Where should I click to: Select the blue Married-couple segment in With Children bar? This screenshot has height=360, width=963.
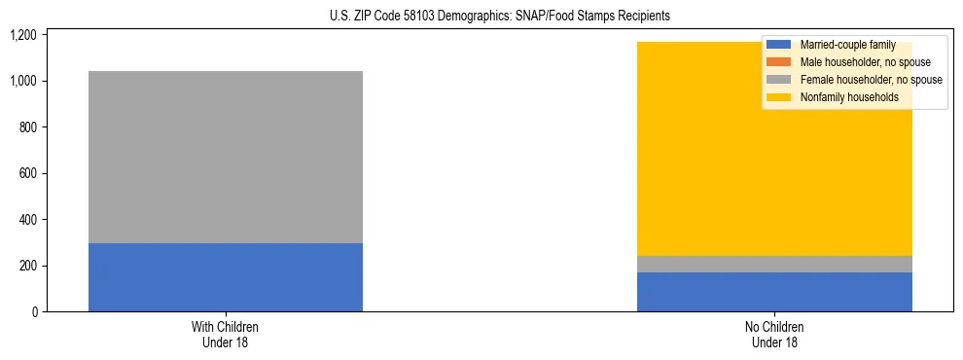226,277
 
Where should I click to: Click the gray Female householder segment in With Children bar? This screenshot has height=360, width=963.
226,157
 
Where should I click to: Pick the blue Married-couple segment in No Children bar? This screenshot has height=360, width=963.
774,292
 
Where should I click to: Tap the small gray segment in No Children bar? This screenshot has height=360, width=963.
774,264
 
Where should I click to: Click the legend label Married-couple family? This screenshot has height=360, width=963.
845,45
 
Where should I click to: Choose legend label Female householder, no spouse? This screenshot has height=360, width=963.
870,80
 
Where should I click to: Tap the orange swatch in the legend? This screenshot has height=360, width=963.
778,62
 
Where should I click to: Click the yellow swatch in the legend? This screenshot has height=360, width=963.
778,97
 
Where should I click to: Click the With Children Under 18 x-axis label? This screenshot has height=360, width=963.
226,334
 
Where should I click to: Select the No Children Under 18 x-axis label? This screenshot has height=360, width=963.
774,334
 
